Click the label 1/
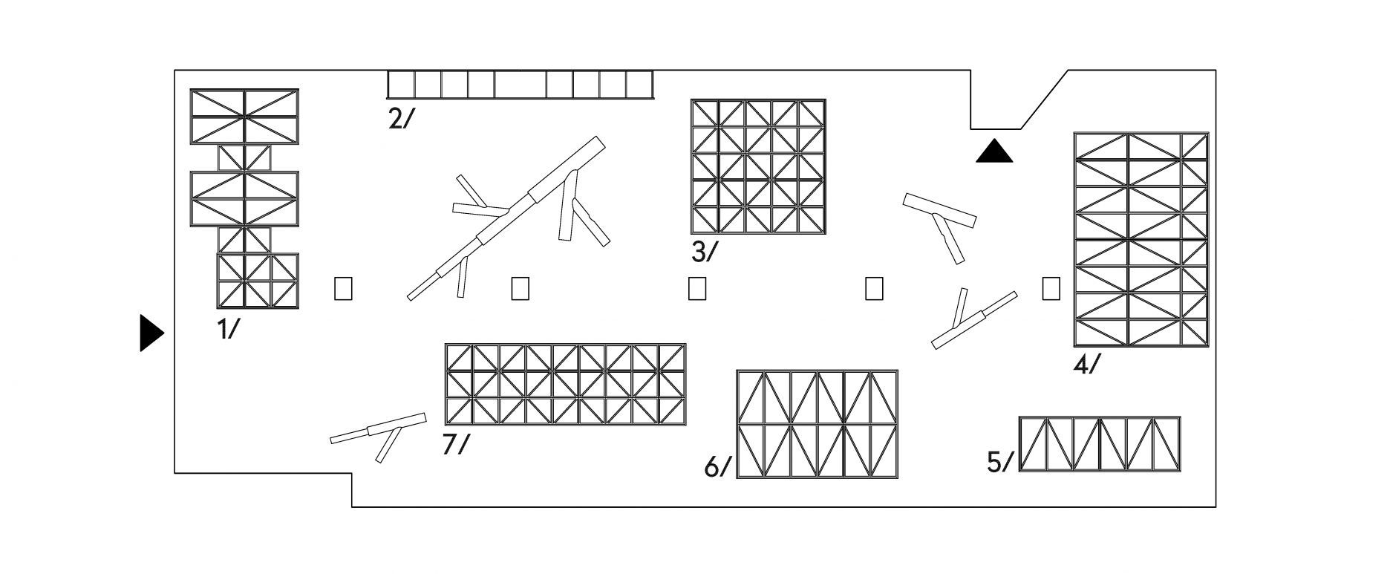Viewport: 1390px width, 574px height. coord(229,328)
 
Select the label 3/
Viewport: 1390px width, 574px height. coord(705,252)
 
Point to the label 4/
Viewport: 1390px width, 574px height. coord(1087,365)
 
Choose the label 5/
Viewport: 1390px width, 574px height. coord(1000,463)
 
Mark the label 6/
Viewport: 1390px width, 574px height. coord(717,467)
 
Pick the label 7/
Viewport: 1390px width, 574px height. coord(456,444)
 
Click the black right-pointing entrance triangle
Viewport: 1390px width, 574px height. coord(151,332)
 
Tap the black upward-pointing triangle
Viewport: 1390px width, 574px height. coord(993,151)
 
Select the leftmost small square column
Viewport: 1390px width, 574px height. coord(343,288)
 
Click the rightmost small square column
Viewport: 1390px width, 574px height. coord(1051,288)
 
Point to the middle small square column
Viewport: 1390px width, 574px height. coord(696,288)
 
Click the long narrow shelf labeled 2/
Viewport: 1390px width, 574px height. coord(520,84)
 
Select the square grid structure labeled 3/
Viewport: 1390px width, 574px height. coord(758,166)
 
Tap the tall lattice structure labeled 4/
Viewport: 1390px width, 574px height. coord(1141,239)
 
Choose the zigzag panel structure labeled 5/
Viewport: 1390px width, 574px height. coord(1099,444)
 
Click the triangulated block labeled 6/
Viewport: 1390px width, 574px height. coord(817,424)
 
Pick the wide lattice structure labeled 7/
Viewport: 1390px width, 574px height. coord(565,384)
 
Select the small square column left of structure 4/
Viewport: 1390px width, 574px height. coord(1051,288)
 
